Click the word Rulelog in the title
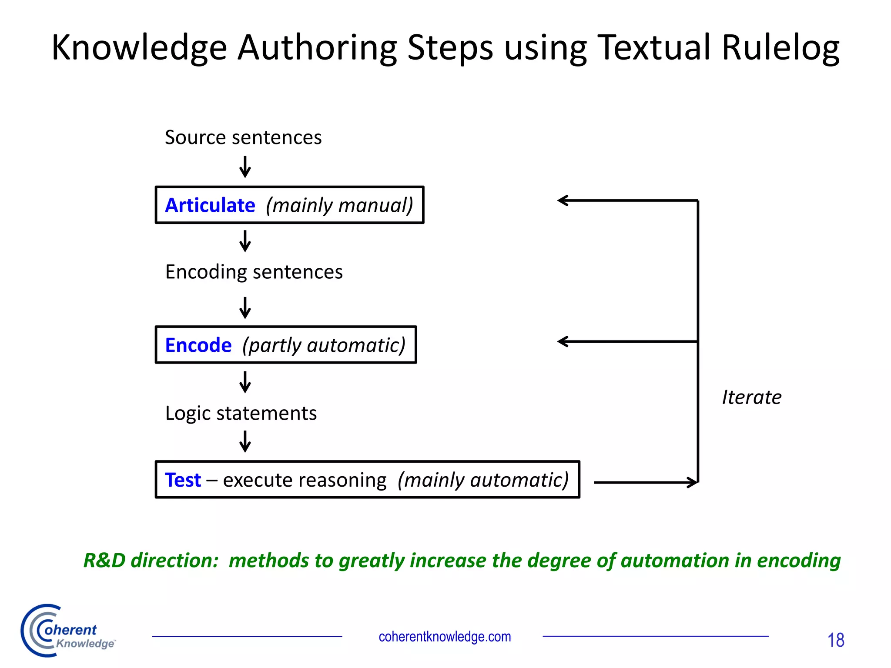tap(780, 48)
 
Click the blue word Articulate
tap(210, 205)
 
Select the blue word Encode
tap(198, 345)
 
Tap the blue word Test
tap(183, 480)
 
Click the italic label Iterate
tap(751, 397)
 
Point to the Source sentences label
tap(243, 137)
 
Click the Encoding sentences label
tap(254, 272)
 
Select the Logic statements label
tap(241, 413)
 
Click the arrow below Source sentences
tap(245, 167)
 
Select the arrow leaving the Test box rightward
tap(646, 482)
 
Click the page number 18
tap(835, 640)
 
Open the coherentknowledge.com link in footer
tap(445, 637)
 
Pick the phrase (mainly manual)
tap(339, 205)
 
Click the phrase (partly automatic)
tap(324, 345)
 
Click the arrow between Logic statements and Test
tap(245, 441)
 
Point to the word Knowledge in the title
tap(139, 48)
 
